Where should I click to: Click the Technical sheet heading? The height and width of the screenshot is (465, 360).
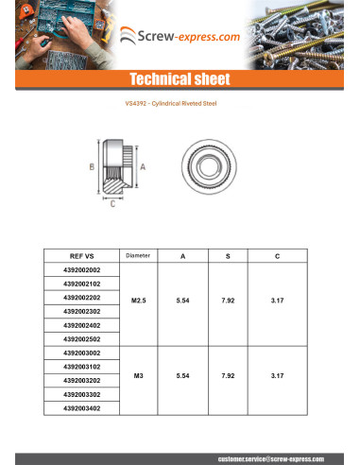tap(180, 78)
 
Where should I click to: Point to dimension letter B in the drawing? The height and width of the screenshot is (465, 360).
tap(91, 166)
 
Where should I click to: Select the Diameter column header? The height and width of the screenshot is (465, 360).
tap(138, 256)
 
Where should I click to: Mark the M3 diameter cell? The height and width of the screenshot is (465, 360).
tap(138, 376)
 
